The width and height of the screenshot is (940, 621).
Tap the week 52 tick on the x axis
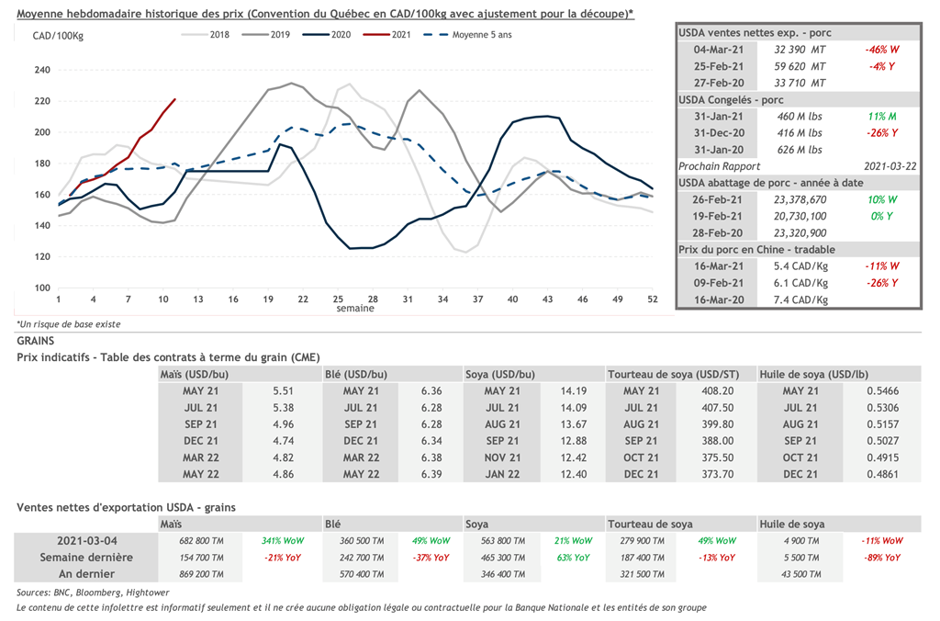(x=652, y=299)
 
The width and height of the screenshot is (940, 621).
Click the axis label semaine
(x=354, y=310)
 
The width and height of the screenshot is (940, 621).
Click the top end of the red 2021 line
(x=174, y=99)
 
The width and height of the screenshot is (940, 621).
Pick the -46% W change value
(x=880, y=50)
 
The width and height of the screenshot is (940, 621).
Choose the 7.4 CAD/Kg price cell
(x=800, y=299)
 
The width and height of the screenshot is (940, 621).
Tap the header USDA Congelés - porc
(x=732, y=99)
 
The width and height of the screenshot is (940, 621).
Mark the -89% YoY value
(x=880, y=557)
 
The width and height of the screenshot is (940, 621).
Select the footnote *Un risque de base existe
(x=68, y=324)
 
